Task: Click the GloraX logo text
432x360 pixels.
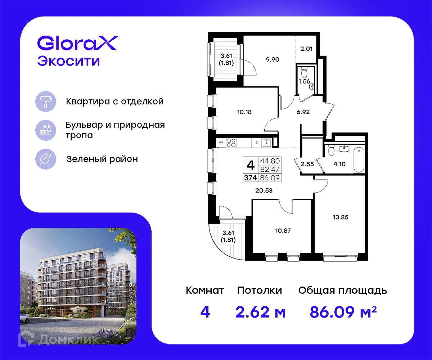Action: pos(77,44)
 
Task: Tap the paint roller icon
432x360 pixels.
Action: pos(46,101)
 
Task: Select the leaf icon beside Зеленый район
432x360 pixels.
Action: pos(46,159)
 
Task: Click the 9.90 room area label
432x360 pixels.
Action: pos(273,59)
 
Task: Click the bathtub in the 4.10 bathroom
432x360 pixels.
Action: pos(360,159)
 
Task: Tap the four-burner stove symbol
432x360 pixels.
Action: pos(231,143)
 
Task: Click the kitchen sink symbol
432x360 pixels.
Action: pos(266,143)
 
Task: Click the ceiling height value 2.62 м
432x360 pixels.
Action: pos(260,312)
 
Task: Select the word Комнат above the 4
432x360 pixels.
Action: pos(205,290)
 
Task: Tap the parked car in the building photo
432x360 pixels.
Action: pos(24,318)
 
